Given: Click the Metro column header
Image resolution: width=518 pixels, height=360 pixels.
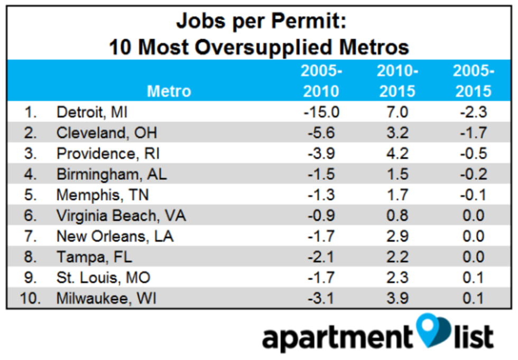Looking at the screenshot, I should click(169, 91).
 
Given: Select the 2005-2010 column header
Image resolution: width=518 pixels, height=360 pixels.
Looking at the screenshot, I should click(321, 81).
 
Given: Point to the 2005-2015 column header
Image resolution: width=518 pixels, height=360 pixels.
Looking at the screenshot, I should click(474, 81).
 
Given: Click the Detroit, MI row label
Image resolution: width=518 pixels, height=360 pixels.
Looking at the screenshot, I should click(92, 113).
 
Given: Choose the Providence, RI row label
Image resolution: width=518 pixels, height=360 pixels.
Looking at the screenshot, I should click(108, 154).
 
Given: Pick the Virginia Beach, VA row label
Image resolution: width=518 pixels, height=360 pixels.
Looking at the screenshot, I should click(121, 216).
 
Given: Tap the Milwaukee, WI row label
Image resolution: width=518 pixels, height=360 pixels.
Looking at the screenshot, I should click(106, 299).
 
